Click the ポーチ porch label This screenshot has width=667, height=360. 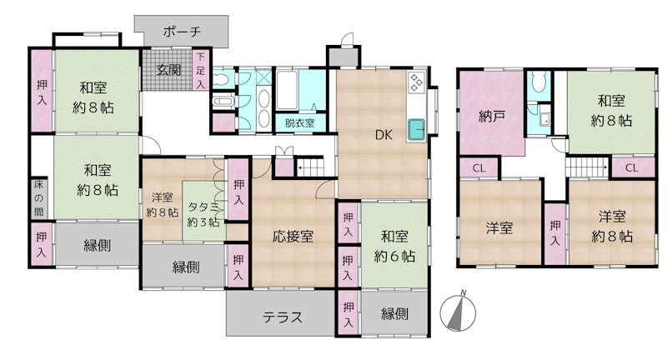tap(182, 32)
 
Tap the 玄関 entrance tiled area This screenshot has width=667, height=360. tap(168, 70)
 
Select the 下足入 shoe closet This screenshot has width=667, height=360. tap(200, 70)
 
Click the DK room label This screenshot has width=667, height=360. tap(384, 135)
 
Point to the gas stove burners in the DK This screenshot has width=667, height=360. tap(415, 82)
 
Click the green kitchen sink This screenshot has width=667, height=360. tap(417, 130)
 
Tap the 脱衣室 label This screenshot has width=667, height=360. tap(300, 123)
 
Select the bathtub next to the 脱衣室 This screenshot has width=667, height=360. tap(287, 90)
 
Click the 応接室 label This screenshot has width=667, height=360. tap(293, 237)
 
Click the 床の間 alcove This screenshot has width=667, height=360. tap(38, 198)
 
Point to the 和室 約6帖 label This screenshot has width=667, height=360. tap(394, 246)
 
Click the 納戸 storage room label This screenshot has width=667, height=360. tap(491, 116)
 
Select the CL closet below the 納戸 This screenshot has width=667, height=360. tap(479, 168)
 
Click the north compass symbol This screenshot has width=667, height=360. tap(458, 311)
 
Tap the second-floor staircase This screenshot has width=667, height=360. tap(587, 167)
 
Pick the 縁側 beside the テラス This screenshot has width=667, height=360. tap(394, 313)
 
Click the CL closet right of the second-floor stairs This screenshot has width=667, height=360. tap(633, 167)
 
